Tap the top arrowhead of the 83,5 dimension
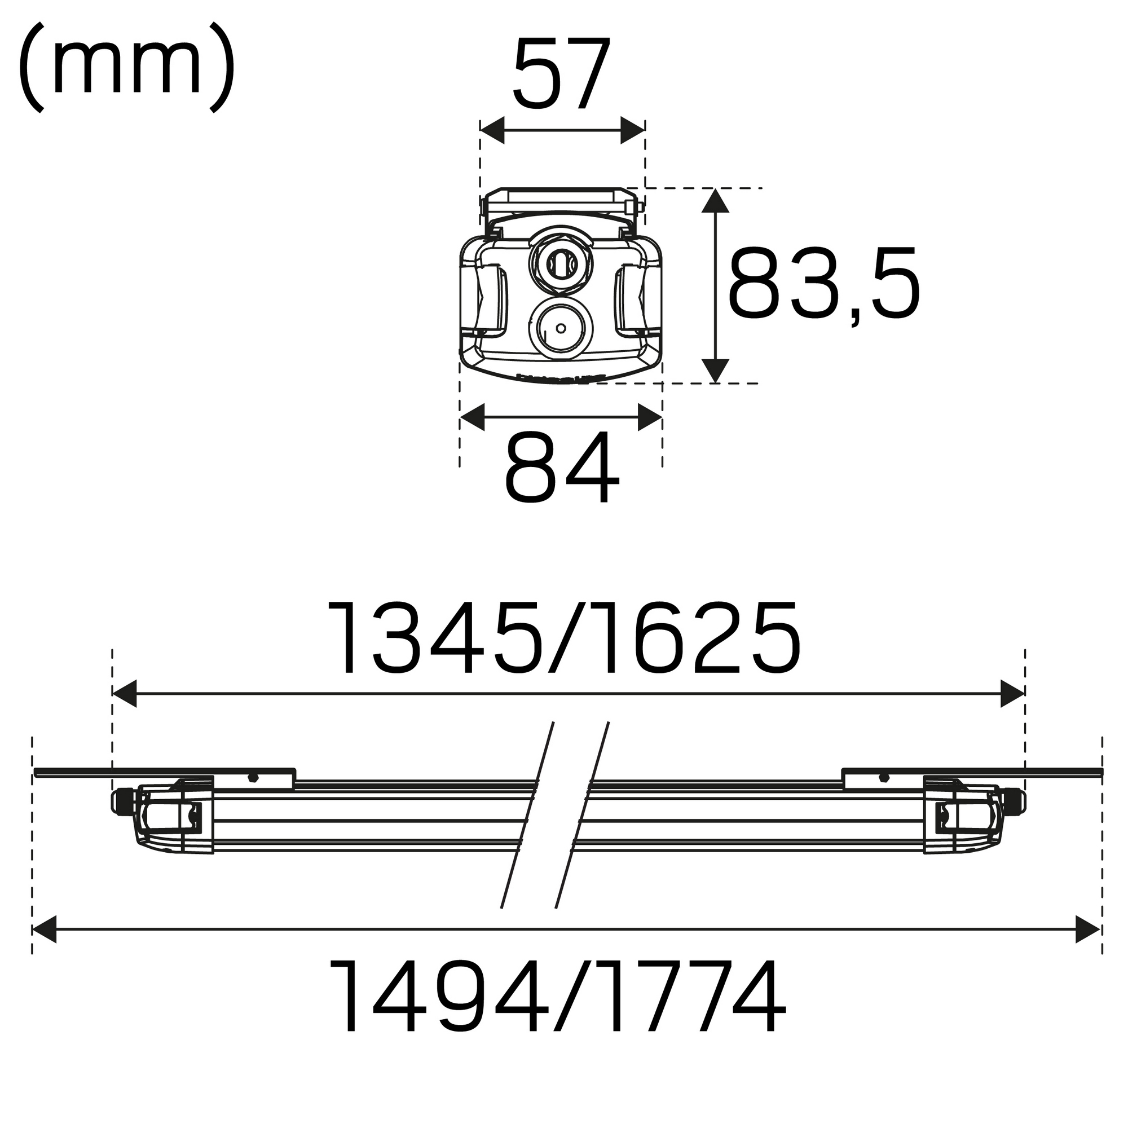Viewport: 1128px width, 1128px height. [x=716, y=200]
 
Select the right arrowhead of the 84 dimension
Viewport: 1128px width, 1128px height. [x=650, y=417]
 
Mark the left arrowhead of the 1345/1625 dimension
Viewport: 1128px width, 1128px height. [x=124, y=694]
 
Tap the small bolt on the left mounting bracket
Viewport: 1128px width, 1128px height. [x=252, y=778]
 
